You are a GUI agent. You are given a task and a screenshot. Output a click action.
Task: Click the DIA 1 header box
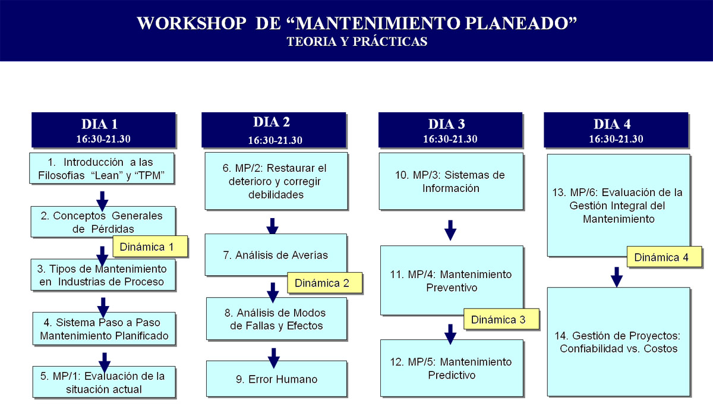click(103, 130)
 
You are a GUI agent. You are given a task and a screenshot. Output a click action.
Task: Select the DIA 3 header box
click(450, 130)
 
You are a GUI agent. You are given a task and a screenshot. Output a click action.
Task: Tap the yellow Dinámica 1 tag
click(150, 247)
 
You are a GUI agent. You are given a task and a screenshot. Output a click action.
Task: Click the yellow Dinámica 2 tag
click(324, 283)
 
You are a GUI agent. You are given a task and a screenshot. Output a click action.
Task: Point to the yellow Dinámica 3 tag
click(501, 319)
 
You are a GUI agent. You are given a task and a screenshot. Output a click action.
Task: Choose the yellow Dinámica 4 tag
click(664, 257)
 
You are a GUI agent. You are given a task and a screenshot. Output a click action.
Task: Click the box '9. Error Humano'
click(276, 379)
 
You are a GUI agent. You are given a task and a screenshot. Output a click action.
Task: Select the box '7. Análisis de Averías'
click(276, 254)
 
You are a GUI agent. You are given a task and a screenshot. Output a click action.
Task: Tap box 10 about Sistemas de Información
click(451, 181)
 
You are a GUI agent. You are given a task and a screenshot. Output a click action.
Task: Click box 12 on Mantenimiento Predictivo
click(452, 368)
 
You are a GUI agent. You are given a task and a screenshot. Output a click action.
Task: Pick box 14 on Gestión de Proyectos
click(619, 342)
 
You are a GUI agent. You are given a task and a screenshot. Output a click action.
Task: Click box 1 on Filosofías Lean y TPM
click(102, 168)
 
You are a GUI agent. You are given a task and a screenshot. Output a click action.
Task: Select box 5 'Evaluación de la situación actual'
click(104, 382)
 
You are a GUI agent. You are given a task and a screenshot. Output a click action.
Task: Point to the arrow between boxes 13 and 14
click(617, 277)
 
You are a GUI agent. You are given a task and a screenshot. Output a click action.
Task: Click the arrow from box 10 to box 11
click(450, 230)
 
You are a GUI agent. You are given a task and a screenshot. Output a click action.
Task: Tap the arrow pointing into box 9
click(273, 358)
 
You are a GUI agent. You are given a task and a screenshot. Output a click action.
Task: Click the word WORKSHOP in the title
click(191, 23)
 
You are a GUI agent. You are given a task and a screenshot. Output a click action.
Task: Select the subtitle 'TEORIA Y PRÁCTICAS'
click(357, 42)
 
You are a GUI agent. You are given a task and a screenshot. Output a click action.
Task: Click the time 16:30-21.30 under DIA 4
click(616, 139)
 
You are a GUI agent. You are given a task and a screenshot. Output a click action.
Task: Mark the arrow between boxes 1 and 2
click(102, 201)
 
